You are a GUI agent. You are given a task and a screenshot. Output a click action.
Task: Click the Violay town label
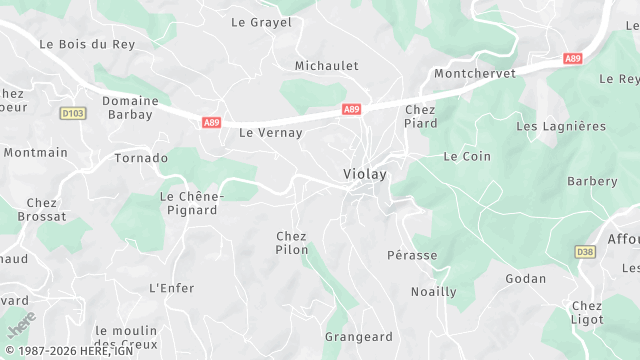pyautogui.click(x=364, y=174)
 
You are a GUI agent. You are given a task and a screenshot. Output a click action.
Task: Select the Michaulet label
pyautogui.click(x=326, y=66)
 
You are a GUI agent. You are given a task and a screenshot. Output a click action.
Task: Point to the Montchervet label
pyautogui.click(x=474, y=74)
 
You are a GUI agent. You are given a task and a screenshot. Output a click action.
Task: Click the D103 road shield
pyautogui.click(x=72, y=113)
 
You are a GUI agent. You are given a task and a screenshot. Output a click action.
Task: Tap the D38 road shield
pyautogui.click(x=586, y=251)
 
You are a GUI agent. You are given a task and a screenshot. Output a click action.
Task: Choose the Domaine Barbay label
pyautogui.click(x=130, y=107)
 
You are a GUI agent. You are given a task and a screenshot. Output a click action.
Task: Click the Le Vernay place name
pyautogui.click(x=270, y=132)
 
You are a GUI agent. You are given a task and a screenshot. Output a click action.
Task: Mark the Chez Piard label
pyautogui.click(x=421, y=116)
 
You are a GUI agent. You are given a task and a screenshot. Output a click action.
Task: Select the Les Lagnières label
pyautogui.click(x=560, y=126)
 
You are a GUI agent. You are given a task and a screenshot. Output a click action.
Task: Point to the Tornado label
pyautogui.click(x=141, y=159)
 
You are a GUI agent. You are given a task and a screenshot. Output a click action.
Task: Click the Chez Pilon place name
pyautogui.click(x=292, y=243)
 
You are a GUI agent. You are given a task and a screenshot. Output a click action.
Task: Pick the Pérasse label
pyautogui.click(x=412, y=255)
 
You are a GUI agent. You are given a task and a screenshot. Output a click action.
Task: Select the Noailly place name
pyautogui.click(x=433, y=292)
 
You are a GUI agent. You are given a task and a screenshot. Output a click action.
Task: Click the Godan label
pyautogui.click(x=525, y=278)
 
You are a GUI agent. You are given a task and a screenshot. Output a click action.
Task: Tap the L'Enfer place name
pyautogui.click(x=171, y=288)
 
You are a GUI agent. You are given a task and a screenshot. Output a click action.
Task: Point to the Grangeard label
pyautogui.click(x=358, y=337)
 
